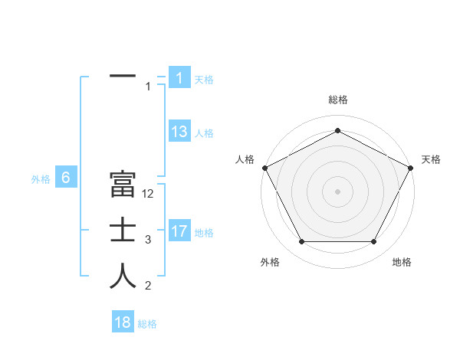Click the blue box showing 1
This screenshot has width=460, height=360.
pos(179,78)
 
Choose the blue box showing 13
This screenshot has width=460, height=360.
pos(179,132)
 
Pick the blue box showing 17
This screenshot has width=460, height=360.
pos(179,231)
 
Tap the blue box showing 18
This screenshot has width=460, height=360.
pos(123,322)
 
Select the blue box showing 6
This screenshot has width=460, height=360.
pos(66,178)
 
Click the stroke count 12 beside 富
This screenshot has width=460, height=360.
pos(148,194)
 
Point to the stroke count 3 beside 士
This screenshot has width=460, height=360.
pos(148,240)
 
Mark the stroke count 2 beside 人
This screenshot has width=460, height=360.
pos(148,286)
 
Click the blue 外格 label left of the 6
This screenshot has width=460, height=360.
pos(41,179)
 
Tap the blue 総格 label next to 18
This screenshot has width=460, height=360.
pos(147,324)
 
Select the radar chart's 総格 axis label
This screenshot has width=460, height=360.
pos(338,100)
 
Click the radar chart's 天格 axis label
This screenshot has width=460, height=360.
pos(432,159)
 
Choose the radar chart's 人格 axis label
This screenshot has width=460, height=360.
pos(245,159)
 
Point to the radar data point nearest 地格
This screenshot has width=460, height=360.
pos(374,242)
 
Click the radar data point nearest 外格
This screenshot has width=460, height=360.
pos(301,242)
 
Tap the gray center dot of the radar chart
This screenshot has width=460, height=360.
pos(338,191)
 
